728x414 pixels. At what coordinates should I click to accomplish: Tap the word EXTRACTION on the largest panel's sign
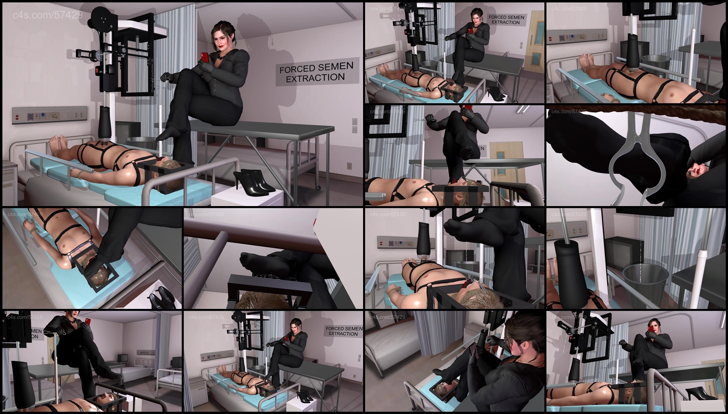coord(315,78)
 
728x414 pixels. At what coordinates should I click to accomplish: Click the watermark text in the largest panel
coord(48,15)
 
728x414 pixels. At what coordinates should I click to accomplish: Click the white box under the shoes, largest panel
coord(247,198)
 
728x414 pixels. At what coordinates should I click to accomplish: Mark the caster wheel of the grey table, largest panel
coord(318,187)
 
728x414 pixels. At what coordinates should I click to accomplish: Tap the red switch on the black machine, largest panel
coord(97,69)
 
